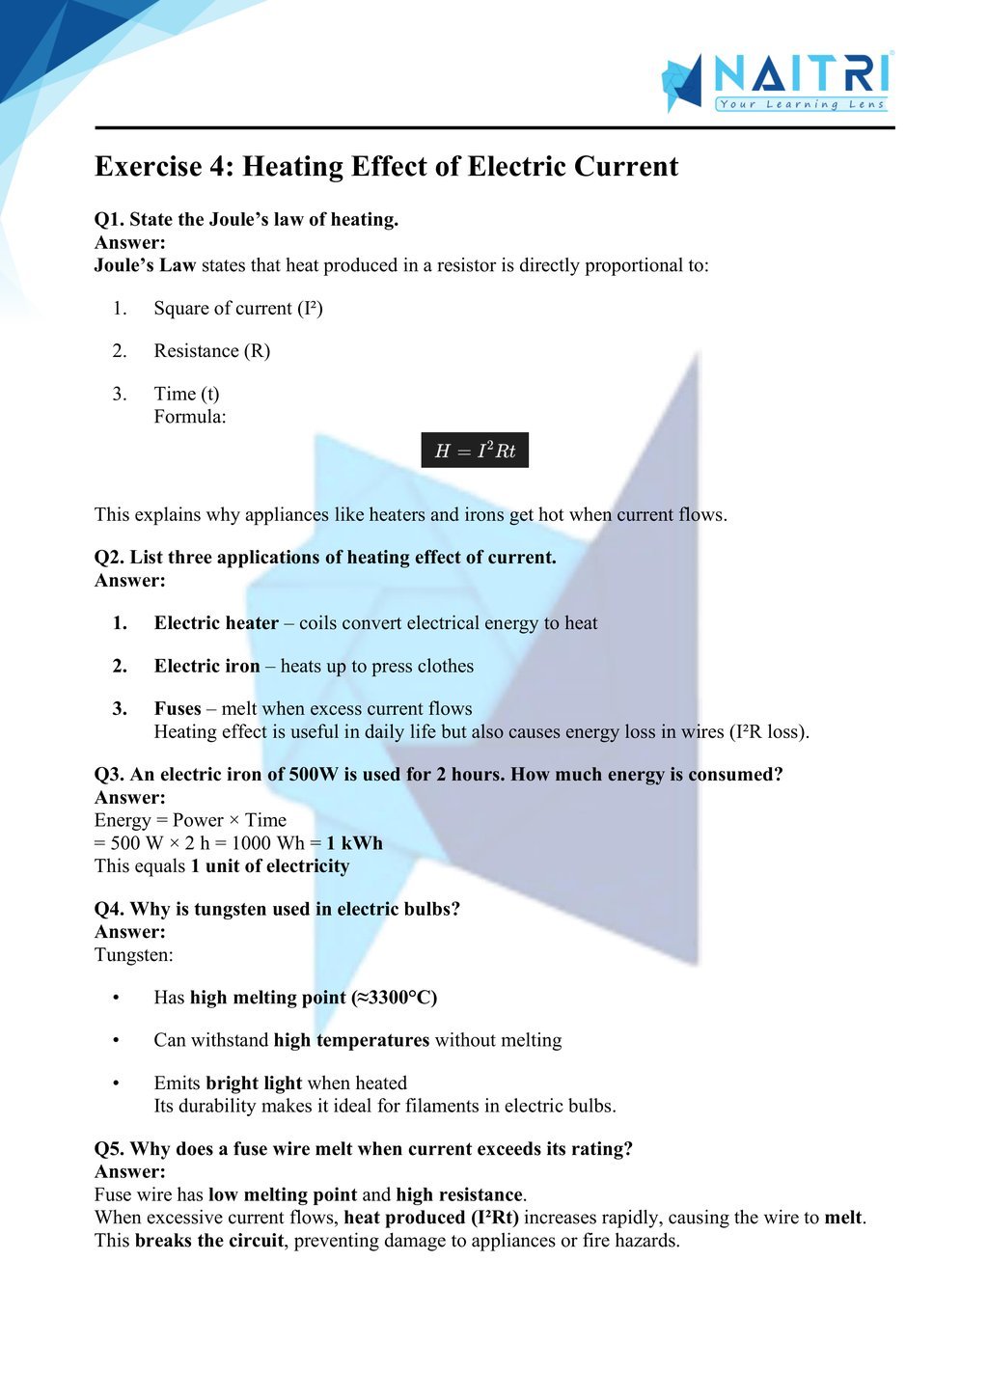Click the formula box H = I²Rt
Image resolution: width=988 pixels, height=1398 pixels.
[x=475, y=451]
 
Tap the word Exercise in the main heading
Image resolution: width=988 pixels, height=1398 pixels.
[x=149, y=167]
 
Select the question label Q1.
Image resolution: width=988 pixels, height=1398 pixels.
[x=108, y=220]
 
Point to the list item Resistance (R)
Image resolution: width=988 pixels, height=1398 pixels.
[x=211, y=351]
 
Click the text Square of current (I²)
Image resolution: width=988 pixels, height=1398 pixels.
[x=237, y=309]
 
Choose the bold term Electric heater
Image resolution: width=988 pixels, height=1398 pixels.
[x=216, y=623]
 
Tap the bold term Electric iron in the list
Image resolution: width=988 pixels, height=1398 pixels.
[x=206, y=666]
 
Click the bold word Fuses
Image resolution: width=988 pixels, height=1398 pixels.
[x=178, y=708]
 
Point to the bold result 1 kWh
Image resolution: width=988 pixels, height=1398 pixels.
[x=354, y=843]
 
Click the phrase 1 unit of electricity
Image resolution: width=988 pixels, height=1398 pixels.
[x=270, y=866]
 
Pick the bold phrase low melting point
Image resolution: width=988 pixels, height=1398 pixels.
[x=283, y=1195]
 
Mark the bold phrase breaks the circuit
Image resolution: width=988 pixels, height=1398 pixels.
[x=209, y=1241]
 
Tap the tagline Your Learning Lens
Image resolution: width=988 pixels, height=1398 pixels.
[x=801, y=104]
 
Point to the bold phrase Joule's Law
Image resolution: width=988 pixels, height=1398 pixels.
[x=145, y=265]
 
